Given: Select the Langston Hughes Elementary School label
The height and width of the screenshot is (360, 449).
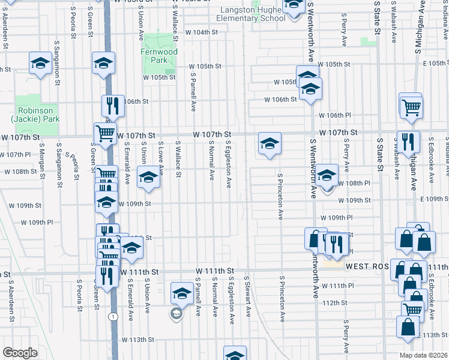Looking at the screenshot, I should pyautogui.click(x=252, y=14).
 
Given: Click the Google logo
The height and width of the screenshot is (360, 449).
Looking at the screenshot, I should pyautogui.click(x=19, y=353).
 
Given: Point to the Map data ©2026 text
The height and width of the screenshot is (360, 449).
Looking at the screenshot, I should pyautogui.click(x=423, y=355).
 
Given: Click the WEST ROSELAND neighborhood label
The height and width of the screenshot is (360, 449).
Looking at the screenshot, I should pyautogui.click(x=367, y=265).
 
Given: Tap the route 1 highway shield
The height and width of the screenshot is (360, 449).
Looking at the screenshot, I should pyautogui.click(x=112, y=316).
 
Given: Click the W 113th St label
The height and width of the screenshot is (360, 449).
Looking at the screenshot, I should pyautogui.click(x=137, y=340).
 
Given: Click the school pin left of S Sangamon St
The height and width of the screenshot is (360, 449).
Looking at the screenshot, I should pyautogui.click(x=40, y=62).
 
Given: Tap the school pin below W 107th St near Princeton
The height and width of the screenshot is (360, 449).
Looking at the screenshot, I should pyautogui.click(x=269, y=143).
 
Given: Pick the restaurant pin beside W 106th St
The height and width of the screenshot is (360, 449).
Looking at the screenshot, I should pyautogui.click(x=112, y=106).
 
